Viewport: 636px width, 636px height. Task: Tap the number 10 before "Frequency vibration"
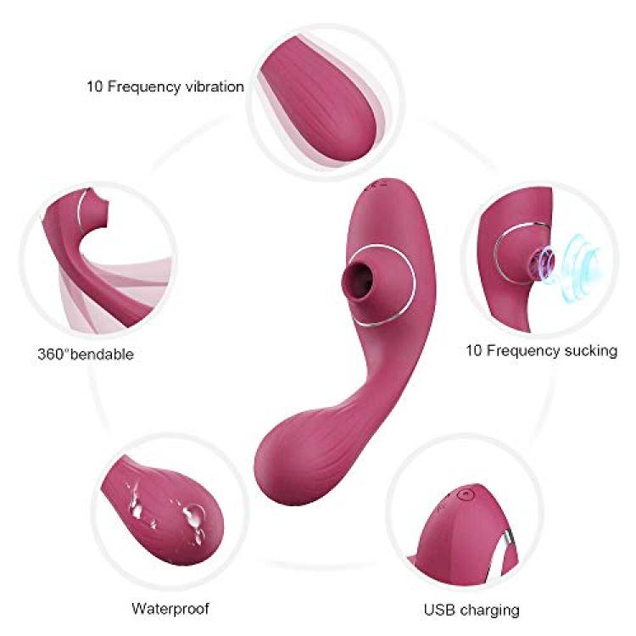click(x=94, y=86)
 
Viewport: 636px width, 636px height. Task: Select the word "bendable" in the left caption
click(x=103, y=354)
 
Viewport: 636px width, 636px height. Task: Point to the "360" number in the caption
click(x=51, y=354)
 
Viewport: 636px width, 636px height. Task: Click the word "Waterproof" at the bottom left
click(x=170, y=608)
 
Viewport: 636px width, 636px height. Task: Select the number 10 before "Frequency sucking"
click(x=473, y=350)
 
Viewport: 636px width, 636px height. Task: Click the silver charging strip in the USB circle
click(x=507, y=544)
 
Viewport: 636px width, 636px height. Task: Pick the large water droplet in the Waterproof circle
click(x=193, y=515)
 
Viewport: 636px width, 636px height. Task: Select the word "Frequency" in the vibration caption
click(x=144, y=87)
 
